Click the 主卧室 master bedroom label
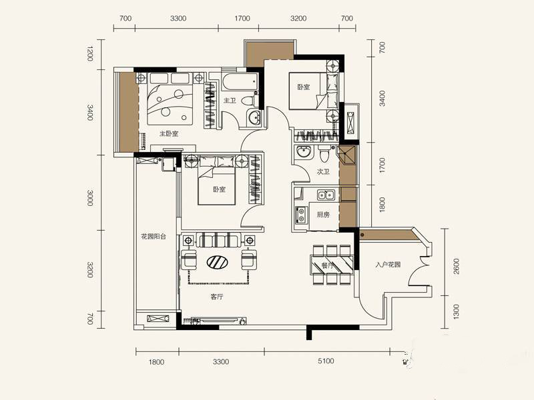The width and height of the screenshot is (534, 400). pos(169,134)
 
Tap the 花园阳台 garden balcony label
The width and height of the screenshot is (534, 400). pos(154,237)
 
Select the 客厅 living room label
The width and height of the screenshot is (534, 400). pos(217,297)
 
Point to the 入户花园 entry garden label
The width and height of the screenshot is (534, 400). pos(388,265)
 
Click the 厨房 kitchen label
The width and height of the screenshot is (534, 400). pos(323,215)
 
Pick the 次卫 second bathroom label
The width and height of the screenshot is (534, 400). pos(323,172)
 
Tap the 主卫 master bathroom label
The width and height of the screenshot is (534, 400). pos(230,101)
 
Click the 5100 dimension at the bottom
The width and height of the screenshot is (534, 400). pos(326,361)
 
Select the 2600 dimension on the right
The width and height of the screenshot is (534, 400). pos(457,267)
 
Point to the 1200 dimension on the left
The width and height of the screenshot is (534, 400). pos(89,55)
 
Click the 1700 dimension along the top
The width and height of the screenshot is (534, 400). pos(242,18)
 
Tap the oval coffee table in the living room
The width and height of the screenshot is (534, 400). pos(218,262)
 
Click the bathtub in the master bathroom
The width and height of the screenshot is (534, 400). pos(239,82)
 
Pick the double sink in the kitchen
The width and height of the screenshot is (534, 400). pos(326,195)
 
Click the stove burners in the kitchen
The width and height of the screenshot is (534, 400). pos(301,215)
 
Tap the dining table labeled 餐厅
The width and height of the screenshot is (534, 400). pos(332,265)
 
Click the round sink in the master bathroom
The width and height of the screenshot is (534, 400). pos(254,118)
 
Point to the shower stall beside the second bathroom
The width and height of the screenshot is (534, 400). pos(346,155)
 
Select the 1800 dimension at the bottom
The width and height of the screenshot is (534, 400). pos(156,362)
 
